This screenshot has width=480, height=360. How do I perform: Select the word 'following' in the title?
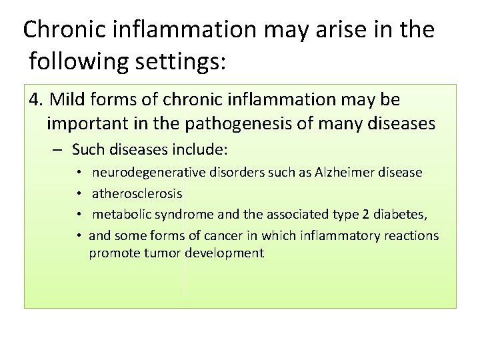(77, 62)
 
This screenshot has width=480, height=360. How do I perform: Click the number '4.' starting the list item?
(37, 100)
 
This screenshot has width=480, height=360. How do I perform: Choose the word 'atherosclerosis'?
(137, 193)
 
